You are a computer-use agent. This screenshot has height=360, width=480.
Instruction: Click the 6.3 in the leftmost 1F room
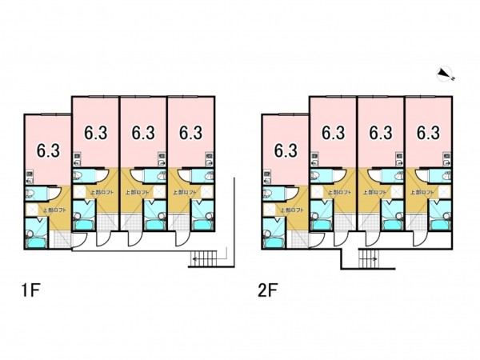tap(48, 149)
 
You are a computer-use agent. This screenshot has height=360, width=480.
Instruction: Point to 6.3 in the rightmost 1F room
tap(190, 132)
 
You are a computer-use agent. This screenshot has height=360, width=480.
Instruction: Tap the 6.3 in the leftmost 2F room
tap(286, 149)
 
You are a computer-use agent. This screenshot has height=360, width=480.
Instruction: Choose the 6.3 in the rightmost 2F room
tap(428, 132)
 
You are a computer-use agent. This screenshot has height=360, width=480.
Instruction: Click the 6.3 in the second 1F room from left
tap(96, 132)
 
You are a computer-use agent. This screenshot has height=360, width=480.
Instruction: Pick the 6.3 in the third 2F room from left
tap(381, 132)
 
